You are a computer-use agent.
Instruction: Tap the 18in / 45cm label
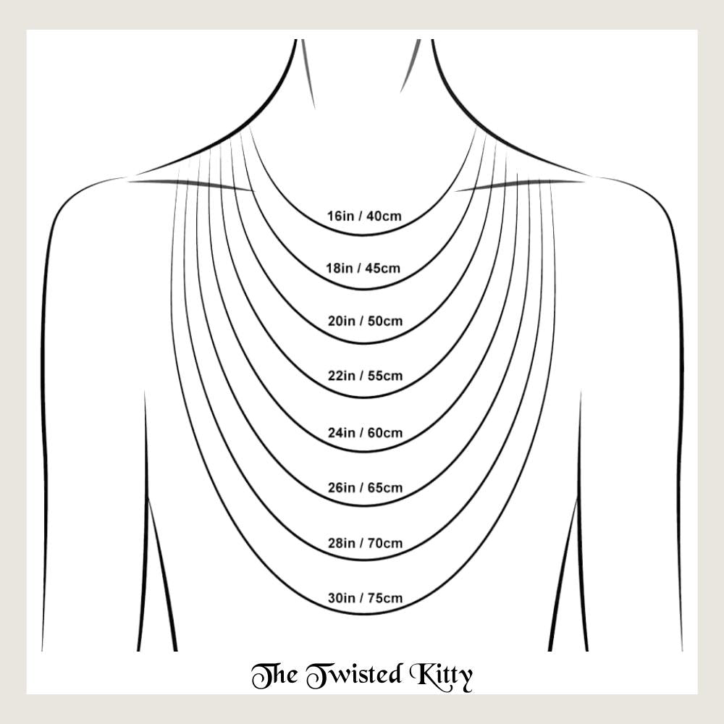point(363,269)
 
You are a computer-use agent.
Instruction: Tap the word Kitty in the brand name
point(443,675)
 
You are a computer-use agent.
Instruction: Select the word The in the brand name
point(273,675)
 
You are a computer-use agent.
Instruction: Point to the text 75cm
point(384,599)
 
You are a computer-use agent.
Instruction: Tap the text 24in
point(342,433)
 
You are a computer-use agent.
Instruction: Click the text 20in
point(342,321)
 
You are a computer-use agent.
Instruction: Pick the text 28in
point(342,543)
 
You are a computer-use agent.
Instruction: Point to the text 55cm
point(384,376)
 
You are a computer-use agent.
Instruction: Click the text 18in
point(340,269)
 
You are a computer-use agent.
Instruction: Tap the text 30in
point(342,599)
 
